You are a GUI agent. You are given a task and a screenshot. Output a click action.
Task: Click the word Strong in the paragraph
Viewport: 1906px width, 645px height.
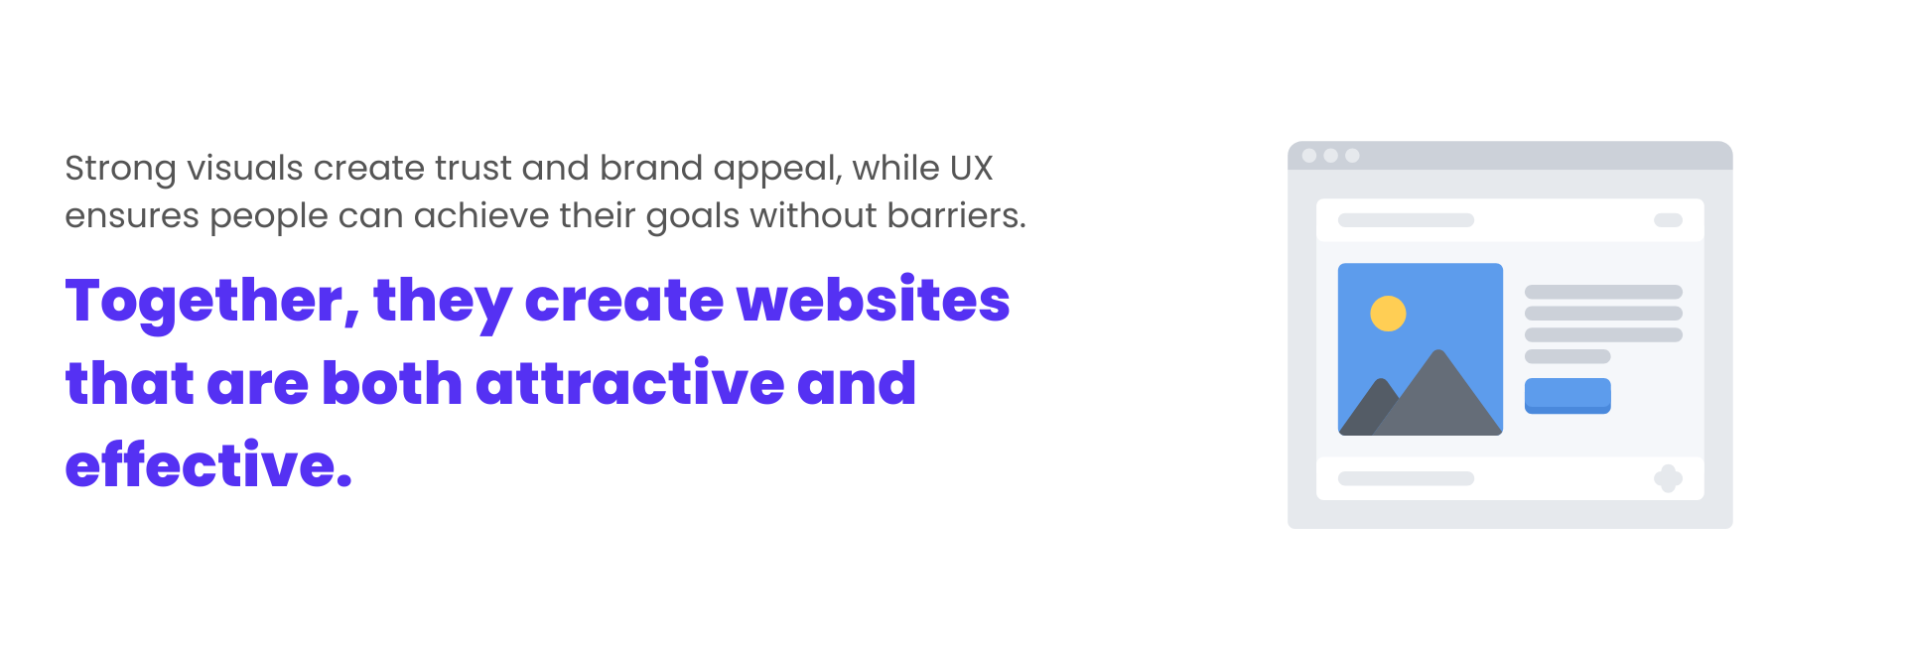click(x=120, y=169)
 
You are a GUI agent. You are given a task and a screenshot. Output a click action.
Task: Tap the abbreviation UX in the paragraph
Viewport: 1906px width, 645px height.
click(x=971, y=168)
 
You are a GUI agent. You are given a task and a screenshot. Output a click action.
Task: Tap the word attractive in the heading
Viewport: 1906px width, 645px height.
click(x=630, y=383)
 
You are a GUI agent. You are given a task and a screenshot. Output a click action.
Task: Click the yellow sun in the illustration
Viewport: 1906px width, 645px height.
click(x=1388, y=314)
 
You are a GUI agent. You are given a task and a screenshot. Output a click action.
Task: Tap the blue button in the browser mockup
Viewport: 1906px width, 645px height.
click(x=1567, y=396)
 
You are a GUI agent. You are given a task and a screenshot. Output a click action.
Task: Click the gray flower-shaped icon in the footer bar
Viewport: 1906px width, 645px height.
click(x=1668, y=478)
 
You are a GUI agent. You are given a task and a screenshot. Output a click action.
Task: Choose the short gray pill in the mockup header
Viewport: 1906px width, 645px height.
click(x=1668, y=220)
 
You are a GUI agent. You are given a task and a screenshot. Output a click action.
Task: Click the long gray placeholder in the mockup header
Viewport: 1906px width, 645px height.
click(x=1406, y=220)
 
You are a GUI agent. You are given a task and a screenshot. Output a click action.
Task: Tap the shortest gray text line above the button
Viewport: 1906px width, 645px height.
click(x=1567, y=356)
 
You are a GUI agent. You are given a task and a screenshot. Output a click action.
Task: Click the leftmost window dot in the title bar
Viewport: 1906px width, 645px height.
click(x=1309, y=156)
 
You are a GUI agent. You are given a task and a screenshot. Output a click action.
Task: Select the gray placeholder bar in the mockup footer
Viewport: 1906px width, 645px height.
click(x=1406, y=478)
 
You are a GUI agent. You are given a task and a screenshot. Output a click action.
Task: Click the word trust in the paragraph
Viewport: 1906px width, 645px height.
click(x=472, y=169)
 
